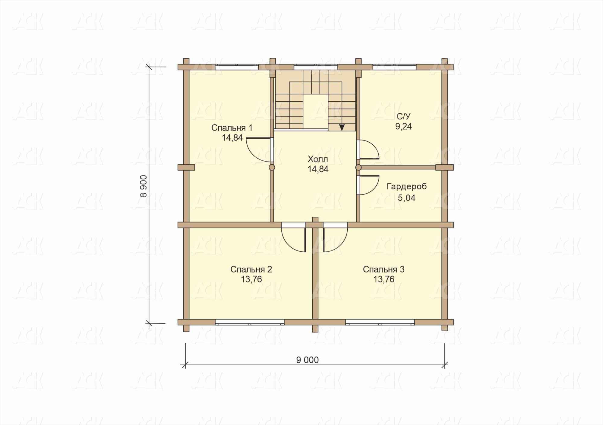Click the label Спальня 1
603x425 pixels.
tap(232, 128)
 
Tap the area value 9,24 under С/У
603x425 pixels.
tap(403, 127)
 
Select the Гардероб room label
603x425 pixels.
tap(407, 187)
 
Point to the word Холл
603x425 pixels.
tap(318, 159)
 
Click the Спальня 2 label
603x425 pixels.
tap(251, 269)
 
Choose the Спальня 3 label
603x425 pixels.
tap(384, 269)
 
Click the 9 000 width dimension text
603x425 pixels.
tap(307, 360)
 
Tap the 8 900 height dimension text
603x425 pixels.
tap(144, 186)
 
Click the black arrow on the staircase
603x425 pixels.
tap(342, 127)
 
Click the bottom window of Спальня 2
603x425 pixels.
tap(250, 322)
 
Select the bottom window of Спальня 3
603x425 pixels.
tap(380, 322)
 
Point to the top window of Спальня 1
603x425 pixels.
tap(237, 67)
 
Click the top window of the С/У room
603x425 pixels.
tap(394, 67)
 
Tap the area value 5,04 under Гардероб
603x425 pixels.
tap(407, 198)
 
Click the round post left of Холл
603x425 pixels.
tap(272, 168)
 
